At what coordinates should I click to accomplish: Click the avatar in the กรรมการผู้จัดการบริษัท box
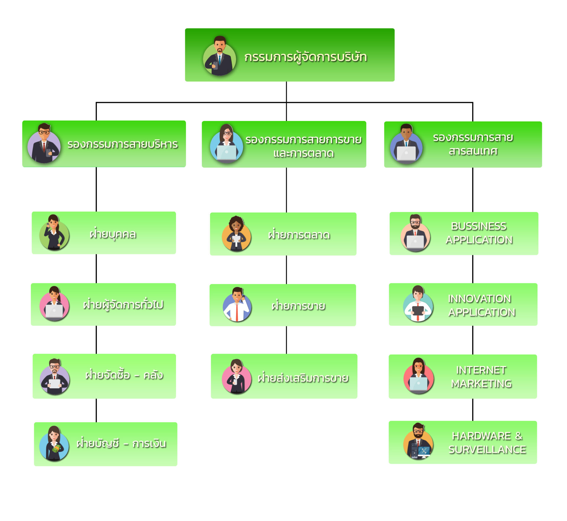pyautogui.click(x=219, y=57)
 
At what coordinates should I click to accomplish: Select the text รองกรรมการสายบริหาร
pyautogui.click(x=123, y=145)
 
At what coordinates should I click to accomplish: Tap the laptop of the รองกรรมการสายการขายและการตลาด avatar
pyautogui.click(x=227, y=153)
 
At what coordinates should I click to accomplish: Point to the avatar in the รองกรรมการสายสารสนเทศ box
pyautogui.click(x=406, y=143)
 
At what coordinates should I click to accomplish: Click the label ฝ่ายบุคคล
pyautogui.click(x=113, y=234)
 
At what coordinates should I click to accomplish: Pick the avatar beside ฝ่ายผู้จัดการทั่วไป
pyautogui.click(x=55, y=304)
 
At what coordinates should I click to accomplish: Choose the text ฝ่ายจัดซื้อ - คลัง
pyautogui.click(x=124, y=375)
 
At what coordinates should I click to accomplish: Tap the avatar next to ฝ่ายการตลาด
pyautogui.click(x=236, y=234)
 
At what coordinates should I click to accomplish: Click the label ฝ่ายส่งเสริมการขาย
pyautogui.click(x=303, y=378)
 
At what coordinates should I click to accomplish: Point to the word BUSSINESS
pyautogui.click(x=478, y=226)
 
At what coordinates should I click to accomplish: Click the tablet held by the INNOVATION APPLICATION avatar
pyautogui.click(x=418, y=311)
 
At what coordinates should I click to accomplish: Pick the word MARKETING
pyautogui.click(x=481, y=384)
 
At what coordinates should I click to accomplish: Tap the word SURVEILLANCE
pyautogui.click(x=487, y=450)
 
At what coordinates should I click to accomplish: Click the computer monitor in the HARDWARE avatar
pyautogui.click(x=424, y=451)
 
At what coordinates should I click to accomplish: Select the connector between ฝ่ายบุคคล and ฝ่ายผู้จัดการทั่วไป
pyautogui.click(x=96, y=268)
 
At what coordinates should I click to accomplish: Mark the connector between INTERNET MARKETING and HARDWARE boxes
pyautogui.click(x=472, y=409)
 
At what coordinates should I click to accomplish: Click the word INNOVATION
pyautogui.click(x=479, y=299)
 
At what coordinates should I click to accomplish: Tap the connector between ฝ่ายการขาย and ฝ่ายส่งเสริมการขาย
pyautogui.click(x=286, y=340)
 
